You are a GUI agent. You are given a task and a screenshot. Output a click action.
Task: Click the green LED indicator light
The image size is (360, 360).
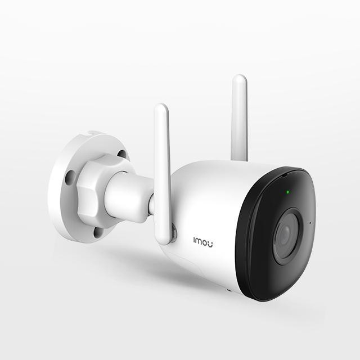click(x=287, y=192)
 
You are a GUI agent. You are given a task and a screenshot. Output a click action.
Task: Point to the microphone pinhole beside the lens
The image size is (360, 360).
click(x=310, y=223)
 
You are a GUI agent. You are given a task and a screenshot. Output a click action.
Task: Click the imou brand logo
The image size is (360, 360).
click(x=202, y=242)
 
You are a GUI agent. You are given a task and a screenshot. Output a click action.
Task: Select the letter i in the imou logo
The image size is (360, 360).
click(x=194, y=241)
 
